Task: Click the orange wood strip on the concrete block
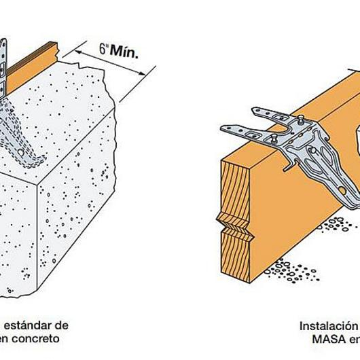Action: [x=34, y=60]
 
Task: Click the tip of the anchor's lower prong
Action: [x=228, y=129]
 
